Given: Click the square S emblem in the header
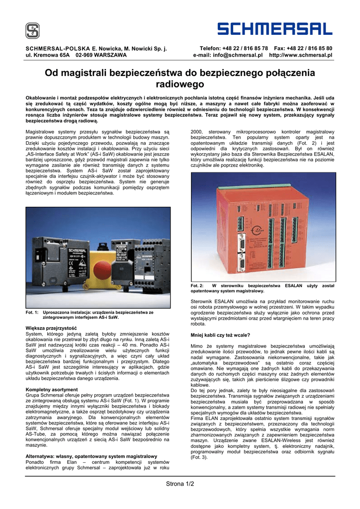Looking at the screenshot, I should pos(32,31).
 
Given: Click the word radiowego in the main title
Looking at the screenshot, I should pos(180,85).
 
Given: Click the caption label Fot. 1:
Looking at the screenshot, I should pos(32,313).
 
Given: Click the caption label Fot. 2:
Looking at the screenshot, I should pos(197,286).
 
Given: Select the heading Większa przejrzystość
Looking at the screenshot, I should pos(51,328).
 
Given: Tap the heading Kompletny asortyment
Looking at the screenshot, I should pos(52,390).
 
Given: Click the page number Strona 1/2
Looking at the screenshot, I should pos(180,484).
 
